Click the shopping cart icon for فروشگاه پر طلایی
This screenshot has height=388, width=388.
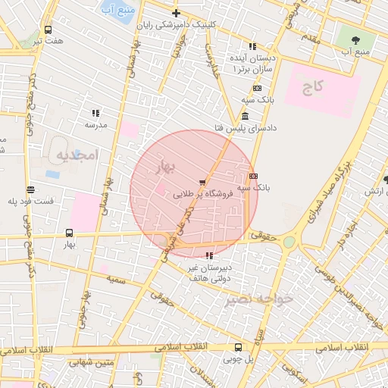(x=202, y=183)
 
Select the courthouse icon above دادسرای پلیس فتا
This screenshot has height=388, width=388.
(x=245, y=116)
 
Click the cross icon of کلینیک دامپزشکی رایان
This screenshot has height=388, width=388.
(x=176, y=13)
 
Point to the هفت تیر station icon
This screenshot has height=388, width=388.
(x=48, y=30)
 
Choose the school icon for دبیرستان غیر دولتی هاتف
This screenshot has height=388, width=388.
(x=209, y=256)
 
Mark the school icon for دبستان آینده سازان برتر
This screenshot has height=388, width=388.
(x=252, y=46)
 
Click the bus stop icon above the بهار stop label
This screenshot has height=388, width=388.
(x=70, y=233)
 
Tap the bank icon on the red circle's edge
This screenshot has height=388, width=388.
(x=252, y=174)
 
